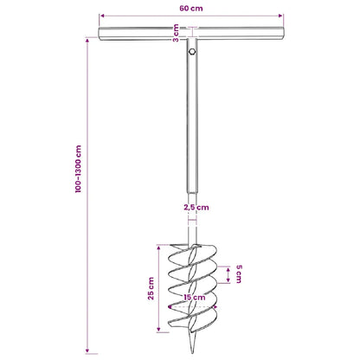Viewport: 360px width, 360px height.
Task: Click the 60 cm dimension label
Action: (191, 8)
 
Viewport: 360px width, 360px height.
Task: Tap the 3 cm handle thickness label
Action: (176, 33)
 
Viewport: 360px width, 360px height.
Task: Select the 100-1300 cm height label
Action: (78, 169)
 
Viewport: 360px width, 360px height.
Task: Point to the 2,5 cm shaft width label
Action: (196, 208)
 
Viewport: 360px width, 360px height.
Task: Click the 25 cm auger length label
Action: (151, 288)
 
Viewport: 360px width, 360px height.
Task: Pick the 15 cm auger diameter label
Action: (195, 298)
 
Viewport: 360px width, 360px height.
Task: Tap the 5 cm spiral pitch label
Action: (239, 274)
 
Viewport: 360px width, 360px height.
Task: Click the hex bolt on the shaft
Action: (192, 52)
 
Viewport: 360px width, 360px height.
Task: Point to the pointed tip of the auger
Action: (193, 352)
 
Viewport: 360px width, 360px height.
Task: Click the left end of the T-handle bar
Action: (100, 34)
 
